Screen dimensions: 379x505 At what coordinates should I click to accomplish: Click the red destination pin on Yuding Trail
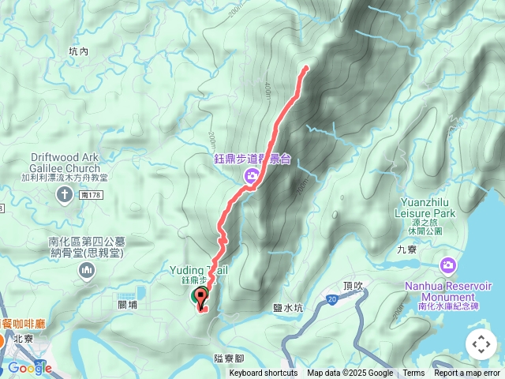point(200,298)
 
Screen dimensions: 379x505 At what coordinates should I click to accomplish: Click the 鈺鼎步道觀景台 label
point(252,159)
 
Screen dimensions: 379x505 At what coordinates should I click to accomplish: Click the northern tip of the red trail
point(305,68)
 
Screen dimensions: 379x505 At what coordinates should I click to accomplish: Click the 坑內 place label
point(79,51)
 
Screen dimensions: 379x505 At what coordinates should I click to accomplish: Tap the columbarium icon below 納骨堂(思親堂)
point(86,272)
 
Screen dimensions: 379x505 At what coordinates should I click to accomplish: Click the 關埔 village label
point(128,303)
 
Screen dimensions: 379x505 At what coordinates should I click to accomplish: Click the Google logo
point(30,368)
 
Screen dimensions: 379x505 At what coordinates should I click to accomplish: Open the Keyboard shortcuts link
point(264,373)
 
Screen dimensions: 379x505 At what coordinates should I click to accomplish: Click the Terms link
point(413,373)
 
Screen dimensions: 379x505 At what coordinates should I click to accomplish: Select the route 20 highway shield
point(332,298)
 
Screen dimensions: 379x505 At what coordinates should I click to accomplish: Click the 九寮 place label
point(407,249)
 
